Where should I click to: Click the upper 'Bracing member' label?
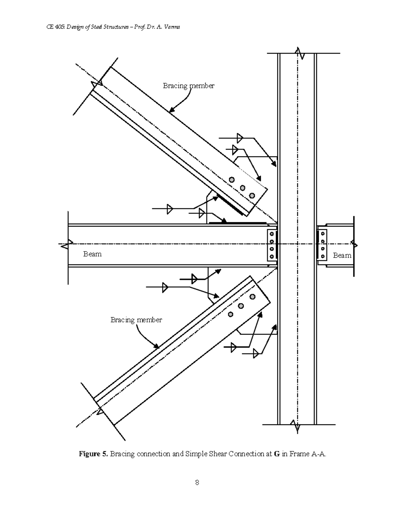pyautogui.click(x=188, y=86)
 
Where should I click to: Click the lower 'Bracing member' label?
pyautogui.click(x=136, y=320)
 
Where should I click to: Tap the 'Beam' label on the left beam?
pyautogui.click(x=92, y=254)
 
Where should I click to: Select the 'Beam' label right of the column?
pyautogui.click(x=342, y=255)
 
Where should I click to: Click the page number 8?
pyautogui.click(x=197, y=482)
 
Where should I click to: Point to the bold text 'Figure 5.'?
pyautogui.click(x=93, y=454)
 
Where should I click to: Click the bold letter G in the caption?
pyautogui.click(x=276, y=454)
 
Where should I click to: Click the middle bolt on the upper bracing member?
pyautogui.click(x=243, y=188)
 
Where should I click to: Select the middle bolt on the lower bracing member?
pyautogui.click(x=241, y=306)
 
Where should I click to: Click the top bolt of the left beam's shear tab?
pyautogui.click(x=272, y=234)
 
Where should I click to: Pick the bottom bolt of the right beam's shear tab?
pyautogui.click(x=323, y=256)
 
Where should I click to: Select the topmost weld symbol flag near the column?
pyautogui.click(x=239, y=138)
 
